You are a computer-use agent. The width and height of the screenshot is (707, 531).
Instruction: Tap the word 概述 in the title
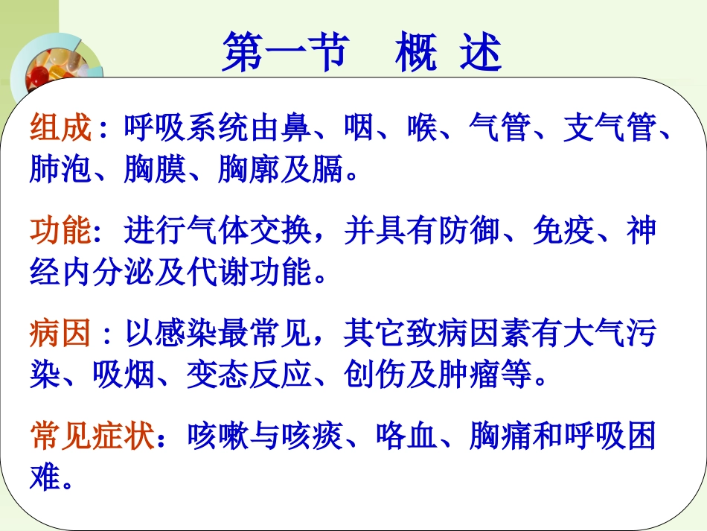pos(448,54)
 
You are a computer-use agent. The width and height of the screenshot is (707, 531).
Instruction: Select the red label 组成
pos(61,129)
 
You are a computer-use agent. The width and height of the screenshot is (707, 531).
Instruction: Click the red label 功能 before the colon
pos(61,232)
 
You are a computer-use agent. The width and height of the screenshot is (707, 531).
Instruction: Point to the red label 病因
pos(61,334)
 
